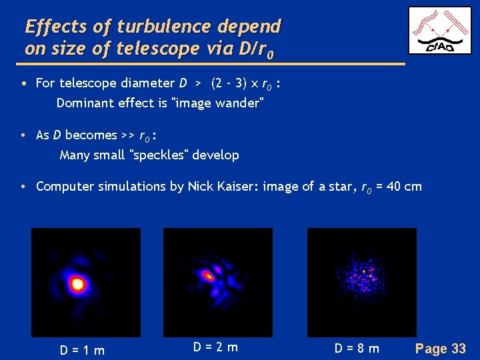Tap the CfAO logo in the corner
(x=439, y=31)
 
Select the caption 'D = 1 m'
(x=82, y=350)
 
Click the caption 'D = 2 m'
(x=215, y=347)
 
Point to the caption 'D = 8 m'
(x=357, y=348)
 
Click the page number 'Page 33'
(x=440, y=348)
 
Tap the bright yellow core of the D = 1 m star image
(x=77, y=285)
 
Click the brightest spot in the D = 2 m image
(x=209, y=275)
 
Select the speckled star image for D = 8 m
(x=361, y=282)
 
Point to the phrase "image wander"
(x=219, y=103)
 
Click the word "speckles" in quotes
(x=162, y=155)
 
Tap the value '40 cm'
(x=404, y=186)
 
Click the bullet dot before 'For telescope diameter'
(x=23, y=84)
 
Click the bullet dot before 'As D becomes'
(x=23, y=135)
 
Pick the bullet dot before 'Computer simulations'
(x=23, y=187)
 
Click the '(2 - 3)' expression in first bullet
(x=227, y=83)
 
